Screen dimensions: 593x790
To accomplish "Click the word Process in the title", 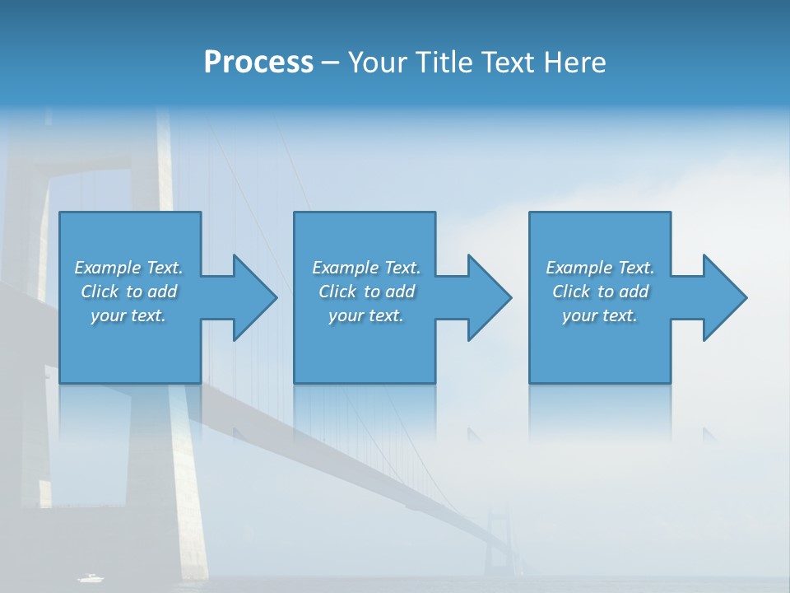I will pos(258,63).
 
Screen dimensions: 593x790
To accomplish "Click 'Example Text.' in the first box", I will pos(129,268).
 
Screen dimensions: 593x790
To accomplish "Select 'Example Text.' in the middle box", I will pos(366,268).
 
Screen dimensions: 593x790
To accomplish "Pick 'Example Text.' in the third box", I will pos(600,268).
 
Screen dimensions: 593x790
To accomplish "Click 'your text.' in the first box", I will pos(128,315).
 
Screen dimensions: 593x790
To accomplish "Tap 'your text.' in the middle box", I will pos(366,315).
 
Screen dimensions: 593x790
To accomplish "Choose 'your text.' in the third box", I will pos(600,315).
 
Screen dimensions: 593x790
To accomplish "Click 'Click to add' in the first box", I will pos(129,292).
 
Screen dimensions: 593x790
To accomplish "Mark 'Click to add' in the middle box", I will pos(366,292).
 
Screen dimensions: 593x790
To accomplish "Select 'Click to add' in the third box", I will pos(600,292).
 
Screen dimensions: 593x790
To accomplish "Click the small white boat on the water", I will pos(91,578).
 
